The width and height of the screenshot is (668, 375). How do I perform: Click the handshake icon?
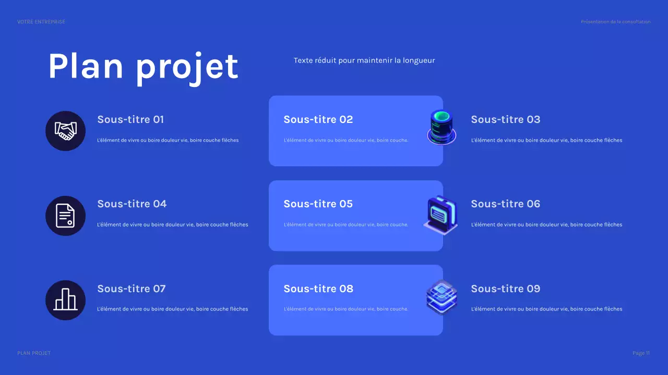click(66, 131)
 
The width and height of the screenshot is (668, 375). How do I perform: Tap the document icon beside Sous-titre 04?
click(66, 216)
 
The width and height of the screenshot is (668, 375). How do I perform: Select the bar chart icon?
click(66, 300)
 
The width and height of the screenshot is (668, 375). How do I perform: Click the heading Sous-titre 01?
click(130, 119)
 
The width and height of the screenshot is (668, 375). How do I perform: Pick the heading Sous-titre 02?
click(318, 119)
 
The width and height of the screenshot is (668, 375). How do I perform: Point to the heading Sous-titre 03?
click(505, 119)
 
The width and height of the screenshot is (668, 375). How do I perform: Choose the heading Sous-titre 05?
click(318, 204)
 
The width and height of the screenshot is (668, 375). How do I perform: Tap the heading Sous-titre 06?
click(505, 204)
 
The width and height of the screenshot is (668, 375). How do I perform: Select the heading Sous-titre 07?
click(132, 289)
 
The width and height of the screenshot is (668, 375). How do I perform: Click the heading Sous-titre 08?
click(318, 289)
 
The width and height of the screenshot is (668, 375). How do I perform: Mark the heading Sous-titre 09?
click(505, 289)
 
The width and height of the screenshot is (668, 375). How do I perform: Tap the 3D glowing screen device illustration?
click(440, 214)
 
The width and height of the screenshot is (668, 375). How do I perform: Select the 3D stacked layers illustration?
click(442, 297)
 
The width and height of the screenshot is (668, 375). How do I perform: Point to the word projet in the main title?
click(187, 68)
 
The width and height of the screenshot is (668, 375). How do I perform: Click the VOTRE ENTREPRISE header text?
click(41, 22)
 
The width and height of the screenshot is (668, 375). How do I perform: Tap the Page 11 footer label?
click(641, 353)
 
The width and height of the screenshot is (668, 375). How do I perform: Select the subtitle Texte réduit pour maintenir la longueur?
click(364, 60)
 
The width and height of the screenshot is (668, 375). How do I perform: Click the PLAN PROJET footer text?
click(34, 353)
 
